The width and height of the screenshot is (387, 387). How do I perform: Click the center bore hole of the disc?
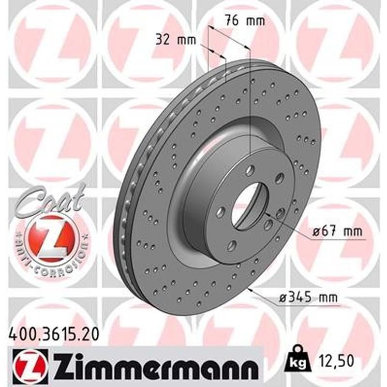coord(249,205)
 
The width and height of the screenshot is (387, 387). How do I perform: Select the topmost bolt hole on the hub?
coord(250,170)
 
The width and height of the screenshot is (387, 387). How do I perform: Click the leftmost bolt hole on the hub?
coord(221,211)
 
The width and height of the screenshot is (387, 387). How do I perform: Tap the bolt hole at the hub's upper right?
coord(279,179)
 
